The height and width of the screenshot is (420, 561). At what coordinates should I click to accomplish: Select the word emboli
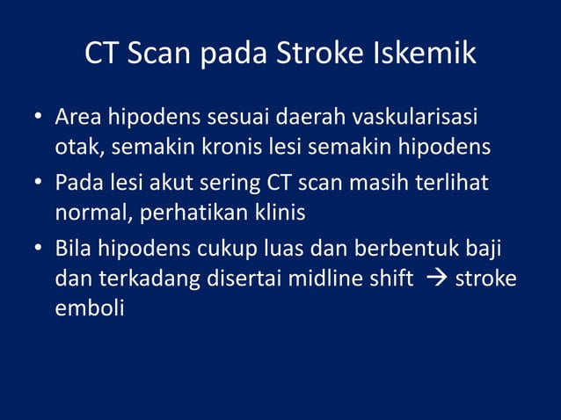coord(89,308)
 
